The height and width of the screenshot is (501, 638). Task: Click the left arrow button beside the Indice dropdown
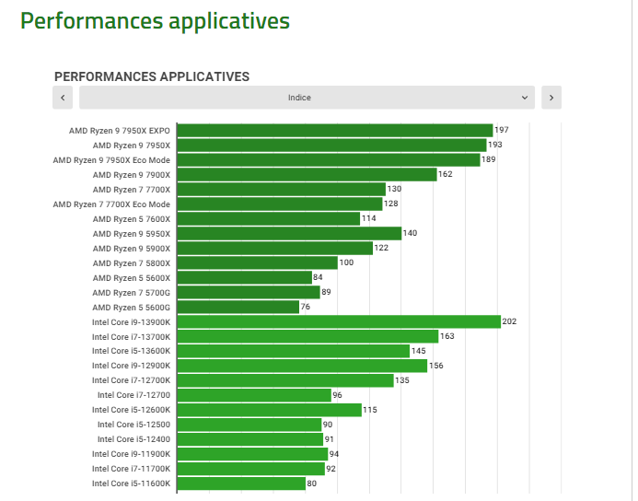pos(63,97)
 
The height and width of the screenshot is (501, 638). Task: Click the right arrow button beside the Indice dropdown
pos(551,97)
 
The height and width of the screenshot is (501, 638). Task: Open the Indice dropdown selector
pos(307,97)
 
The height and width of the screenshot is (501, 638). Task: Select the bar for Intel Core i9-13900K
pos(338,321)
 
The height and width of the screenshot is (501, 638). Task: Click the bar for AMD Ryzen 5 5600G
pos(238,307)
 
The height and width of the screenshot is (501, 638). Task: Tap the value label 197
pos(502,130)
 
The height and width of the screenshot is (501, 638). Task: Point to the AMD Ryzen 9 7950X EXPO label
pos(120,130)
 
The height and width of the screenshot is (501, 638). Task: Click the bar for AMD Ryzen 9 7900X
pos(307,174)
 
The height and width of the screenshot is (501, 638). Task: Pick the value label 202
pos(509,321)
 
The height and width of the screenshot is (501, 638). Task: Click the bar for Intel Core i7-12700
pos(253,395)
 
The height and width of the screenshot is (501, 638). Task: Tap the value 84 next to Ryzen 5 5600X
pos(318,277)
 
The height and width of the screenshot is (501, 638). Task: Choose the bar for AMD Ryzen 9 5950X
pos(289,233)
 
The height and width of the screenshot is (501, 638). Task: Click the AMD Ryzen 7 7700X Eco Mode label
pos(111,204)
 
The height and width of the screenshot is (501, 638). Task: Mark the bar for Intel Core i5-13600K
pos(293,351)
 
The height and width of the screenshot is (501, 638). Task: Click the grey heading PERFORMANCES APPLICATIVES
pos(152,76)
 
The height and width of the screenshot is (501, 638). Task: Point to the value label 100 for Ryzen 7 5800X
pos(346,262)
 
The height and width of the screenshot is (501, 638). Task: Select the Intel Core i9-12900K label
pos(131,366)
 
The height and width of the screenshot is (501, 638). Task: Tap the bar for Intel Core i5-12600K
pos(269,410)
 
